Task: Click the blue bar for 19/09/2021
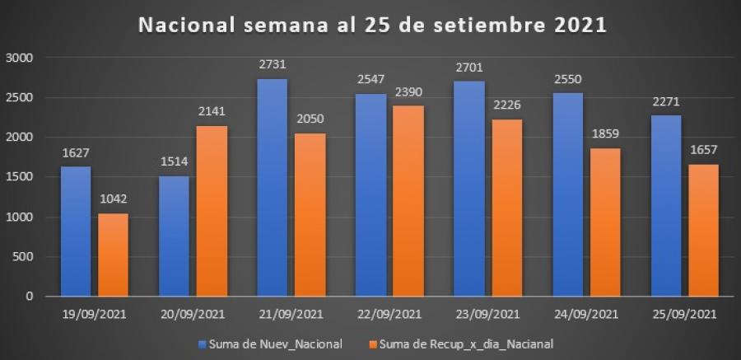pyautogui.click(x=76, y=231)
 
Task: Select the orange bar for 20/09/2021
pyautogui.click(x=212, y=211)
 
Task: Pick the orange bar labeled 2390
pyautogui.click(x=408, y=201)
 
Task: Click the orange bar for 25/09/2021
pyautogui.click(x=705, y=230)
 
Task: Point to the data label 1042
pyautogui.click(x=113, y=201)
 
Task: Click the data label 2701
pyautogui.click(x=470, y=68)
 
